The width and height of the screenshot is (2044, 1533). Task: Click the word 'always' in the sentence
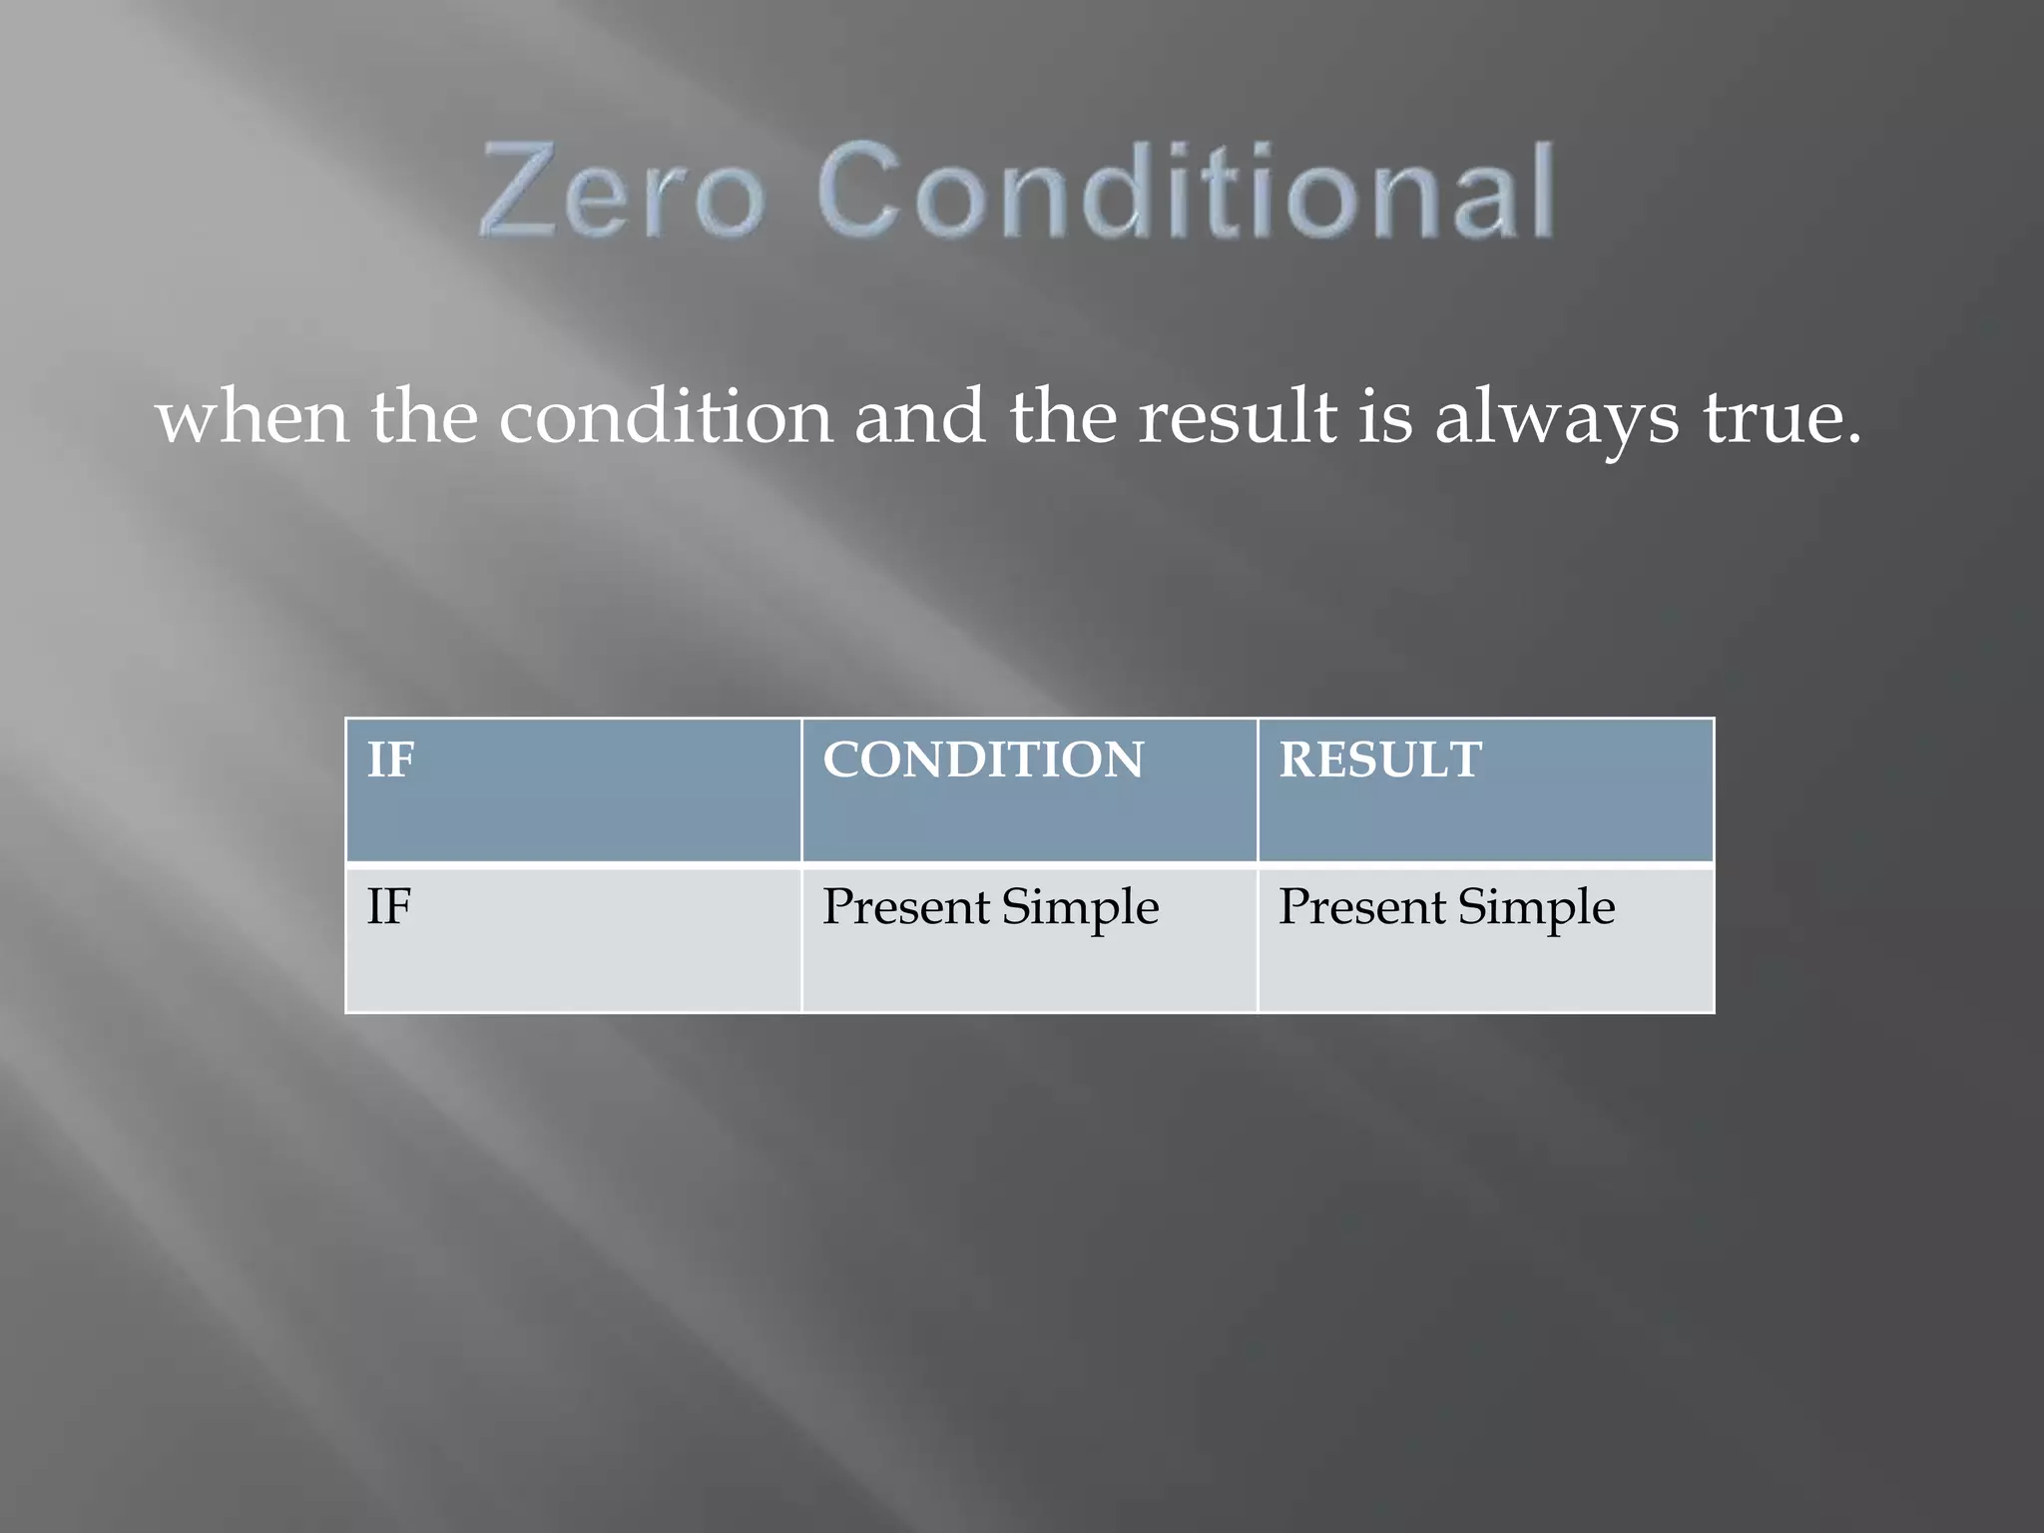point(1556,419)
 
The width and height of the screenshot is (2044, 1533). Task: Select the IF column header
point(390,760)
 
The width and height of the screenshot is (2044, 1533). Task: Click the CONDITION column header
point(983,760)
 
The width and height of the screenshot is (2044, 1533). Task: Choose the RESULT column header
point(1380,760)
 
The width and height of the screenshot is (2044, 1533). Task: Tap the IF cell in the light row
point(389,906)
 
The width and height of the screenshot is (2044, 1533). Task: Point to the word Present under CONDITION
point(905,906)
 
